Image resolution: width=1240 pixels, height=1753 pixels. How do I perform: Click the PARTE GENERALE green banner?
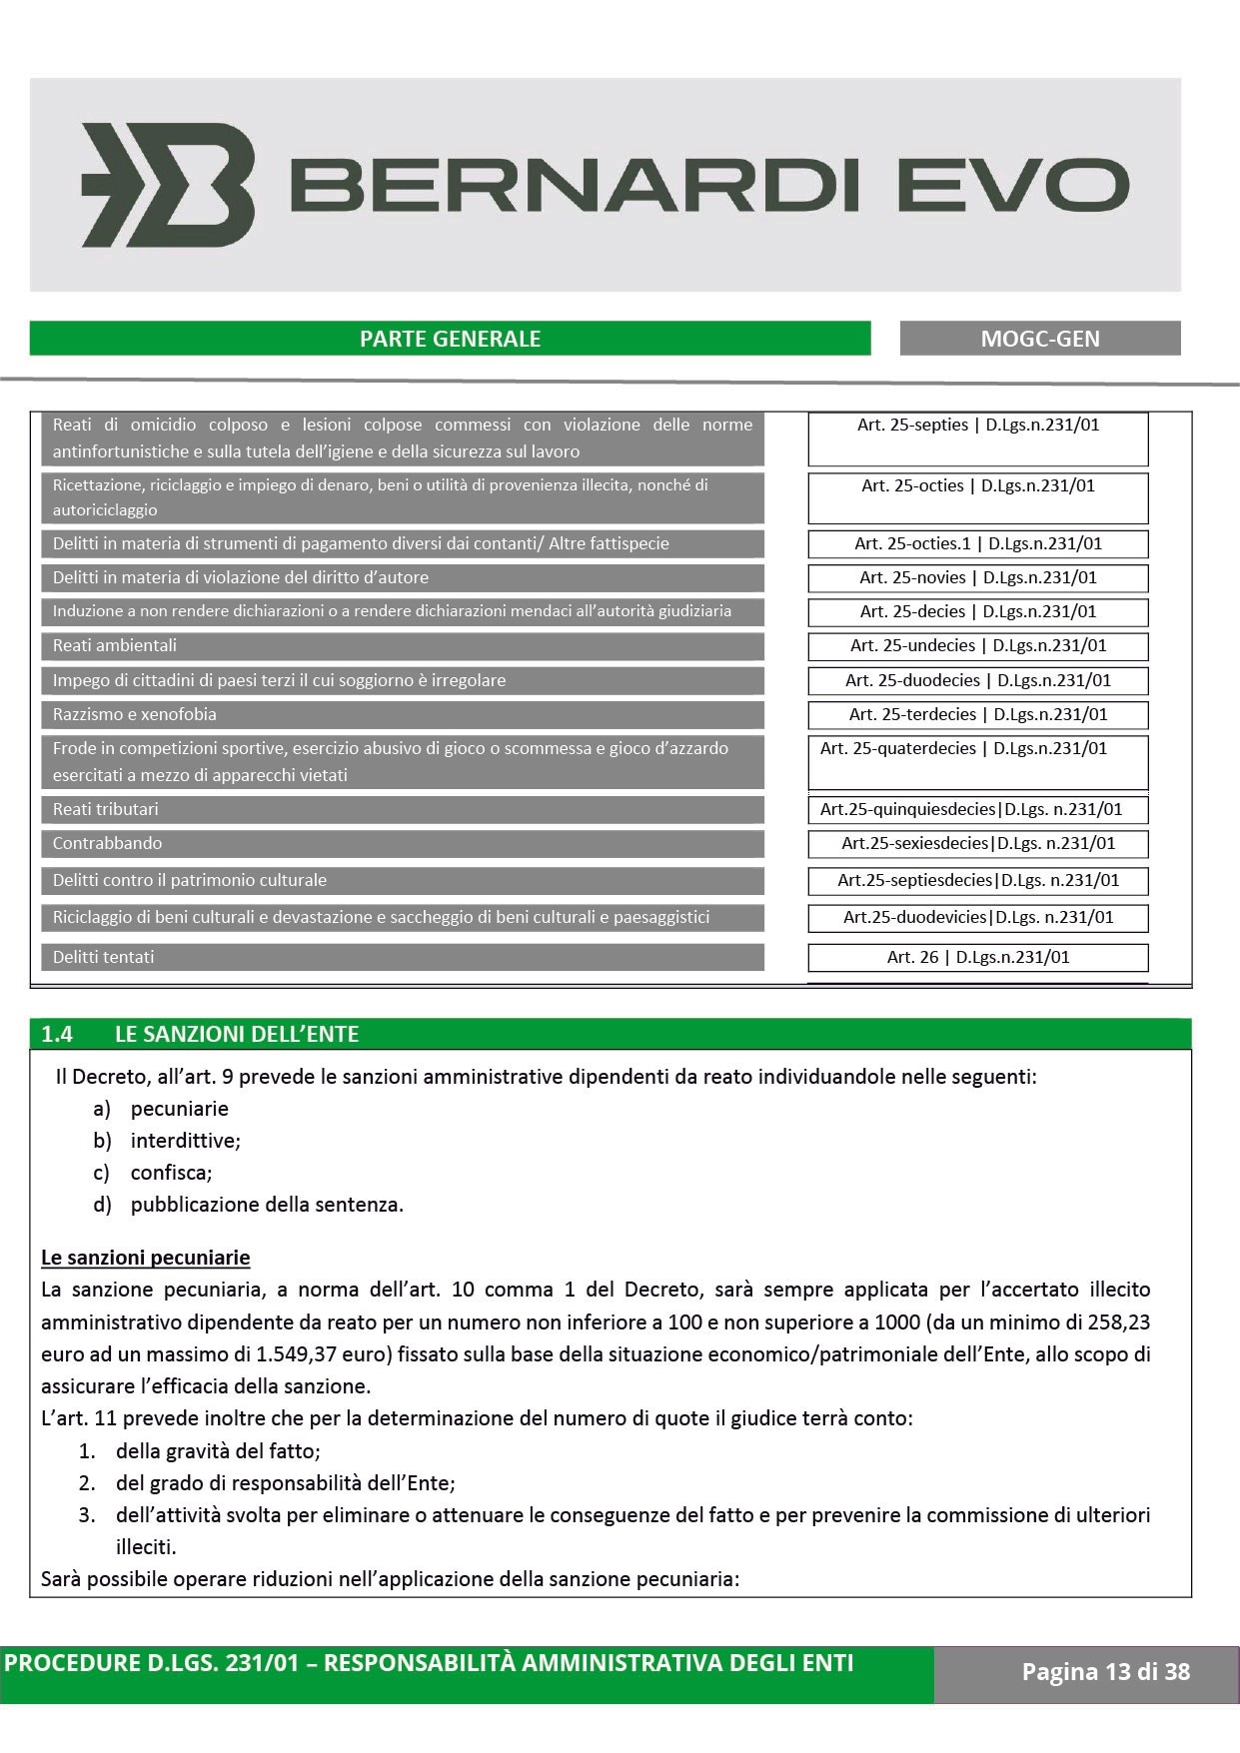(x=450, y=339)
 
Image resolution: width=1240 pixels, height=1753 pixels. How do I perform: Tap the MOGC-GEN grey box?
(x=1039, y=339)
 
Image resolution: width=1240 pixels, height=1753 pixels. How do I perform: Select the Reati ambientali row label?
(x=115, y=646)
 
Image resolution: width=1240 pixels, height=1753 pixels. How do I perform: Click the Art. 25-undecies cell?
(x=977, y=646)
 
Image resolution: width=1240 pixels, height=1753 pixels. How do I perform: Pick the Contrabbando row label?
(x=108, y=844)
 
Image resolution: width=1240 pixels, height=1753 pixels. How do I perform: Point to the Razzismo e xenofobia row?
(x=135, y=715)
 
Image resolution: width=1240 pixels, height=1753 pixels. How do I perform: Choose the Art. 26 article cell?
(x=977, y=957)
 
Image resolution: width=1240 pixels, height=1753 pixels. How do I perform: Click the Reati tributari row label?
(x=106, y=810)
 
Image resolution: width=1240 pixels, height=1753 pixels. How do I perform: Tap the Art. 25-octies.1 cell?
(x=977, y=544)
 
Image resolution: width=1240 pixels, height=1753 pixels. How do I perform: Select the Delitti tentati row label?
(x=104, y=958)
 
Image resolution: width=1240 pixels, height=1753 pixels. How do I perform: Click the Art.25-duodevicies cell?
(x=977, y=918)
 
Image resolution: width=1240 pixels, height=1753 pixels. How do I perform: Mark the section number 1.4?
(x=57, y=1035)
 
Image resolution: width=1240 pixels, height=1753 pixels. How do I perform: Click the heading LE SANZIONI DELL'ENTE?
(x=237, y=1035)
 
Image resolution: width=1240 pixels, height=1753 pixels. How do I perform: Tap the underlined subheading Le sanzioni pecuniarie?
(x=146, y=1258)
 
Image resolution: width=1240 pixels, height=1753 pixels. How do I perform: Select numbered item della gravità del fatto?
(x=218, y=1451)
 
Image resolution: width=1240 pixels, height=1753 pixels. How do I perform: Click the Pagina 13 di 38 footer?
(x=1105, y=1672)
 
